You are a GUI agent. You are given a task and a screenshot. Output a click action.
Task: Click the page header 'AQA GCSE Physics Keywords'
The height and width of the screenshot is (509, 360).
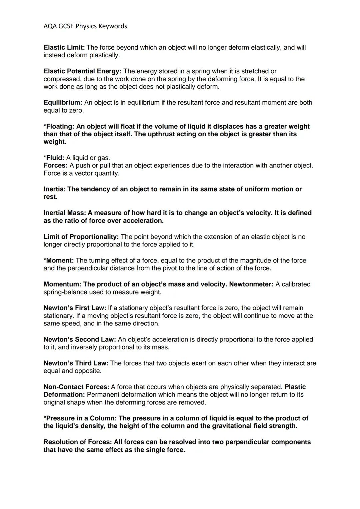pos(85,26)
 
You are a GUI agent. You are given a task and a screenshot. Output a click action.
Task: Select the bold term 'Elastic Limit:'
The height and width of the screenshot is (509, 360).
pos(64,48)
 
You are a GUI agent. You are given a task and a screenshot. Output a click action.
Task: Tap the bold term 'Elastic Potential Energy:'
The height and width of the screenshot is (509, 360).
pos(82,71)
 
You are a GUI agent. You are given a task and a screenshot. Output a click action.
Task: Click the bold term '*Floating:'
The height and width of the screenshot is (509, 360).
pos(59,127)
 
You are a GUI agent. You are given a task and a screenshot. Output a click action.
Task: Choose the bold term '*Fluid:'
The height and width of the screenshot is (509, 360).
pos(54,158)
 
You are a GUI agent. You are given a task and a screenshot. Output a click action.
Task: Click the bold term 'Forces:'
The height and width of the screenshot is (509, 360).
pos(55,166)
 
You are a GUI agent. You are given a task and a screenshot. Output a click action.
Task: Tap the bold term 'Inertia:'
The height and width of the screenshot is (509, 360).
pos(55,189)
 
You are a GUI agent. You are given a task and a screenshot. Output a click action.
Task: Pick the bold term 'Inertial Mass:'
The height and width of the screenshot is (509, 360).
pos(65,213)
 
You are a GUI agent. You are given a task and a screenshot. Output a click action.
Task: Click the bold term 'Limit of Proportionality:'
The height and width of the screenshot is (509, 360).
pos(81,237)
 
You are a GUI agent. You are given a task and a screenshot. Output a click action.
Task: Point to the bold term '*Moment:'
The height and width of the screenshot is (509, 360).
pos(59,260)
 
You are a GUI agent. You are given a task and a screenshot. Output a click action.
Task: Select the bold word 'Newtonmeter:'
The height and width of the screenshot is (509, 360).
pos(251,284)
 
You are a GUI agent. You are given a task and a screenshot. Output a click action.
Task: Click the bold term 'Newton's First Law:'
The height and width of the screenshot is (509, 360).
pos(75,308)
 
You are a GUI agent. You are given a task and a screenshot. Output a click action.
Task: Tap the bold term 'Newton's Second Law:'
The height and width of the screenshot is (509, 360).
pos(80,339)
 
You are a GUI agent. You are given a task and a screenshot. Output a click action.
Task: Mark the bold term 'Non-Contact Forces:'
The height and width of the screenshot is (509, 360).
pos(76,387)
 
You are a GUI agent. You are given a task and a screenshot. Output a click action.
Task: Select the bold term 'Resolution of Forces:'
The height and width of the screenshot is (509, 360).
pos(78,442)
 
